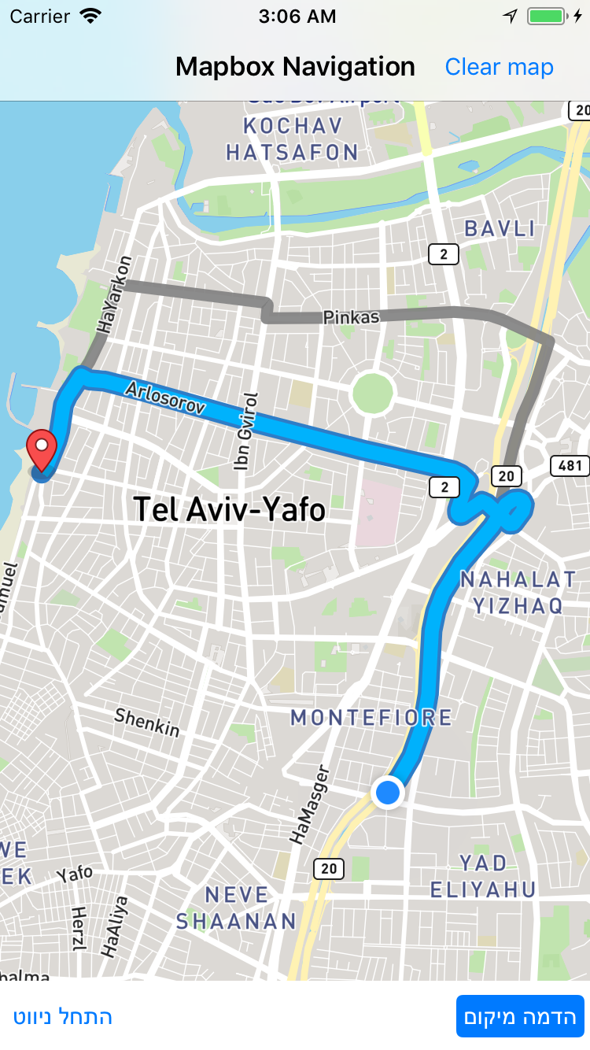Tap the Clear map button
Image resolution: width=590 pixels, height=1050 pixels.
pos(499,67)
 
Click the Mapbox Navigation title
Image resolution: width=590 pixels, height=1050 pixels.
pos(295,67)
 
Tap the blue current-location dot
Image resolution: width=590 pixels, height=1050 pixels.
pos(388,792)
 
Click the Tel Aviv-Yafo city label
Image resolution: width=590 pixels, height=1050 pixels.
pos(229,509)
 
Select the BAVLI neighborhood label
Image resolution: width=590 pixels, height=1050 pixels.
pos(500,229)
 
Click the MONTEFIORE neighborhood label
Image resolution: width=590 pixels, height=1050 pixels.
pos(371,717)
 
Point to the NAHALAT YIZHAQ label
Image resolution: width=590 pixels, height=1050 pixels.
pos(518,592)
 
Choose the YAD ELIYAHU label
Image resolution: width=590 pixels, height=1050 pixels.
pos(483,876)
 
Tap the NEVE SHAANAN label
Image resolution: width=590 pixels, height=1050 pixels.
pos(236,908)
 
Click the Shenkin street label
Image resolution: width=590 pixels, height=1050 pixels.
pos(147,722)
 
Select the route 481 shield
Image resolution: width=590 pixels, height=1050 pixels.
pos(570,465)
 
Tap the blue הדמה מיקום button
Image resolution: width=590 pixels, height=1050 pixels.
pos(521,1016)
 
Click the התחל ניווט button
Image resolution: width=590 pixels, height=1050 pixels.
pos(63,1016)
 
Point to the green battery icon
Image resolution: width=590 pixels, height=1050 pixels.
pos(546,16)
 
